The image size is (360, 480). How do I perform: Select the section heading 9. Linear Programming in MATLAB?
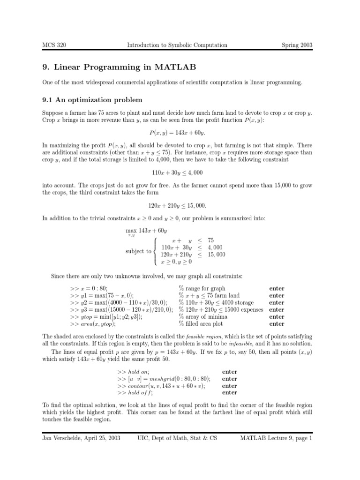pos(116,67)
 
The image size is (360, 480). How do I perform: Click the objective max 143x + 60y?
pos(147,231)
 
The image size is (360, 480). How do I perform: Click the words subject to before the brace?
pos(138,251)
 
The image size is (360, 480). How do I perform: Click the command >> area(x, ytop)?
pos(93,324)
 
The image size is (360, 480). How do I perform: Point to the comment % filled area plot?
pos(201,324)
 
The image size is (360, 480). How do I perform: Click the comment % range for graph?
pos(202,289)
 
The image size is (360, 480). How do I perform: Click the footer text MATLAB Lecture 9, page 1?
pos(276,438)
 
